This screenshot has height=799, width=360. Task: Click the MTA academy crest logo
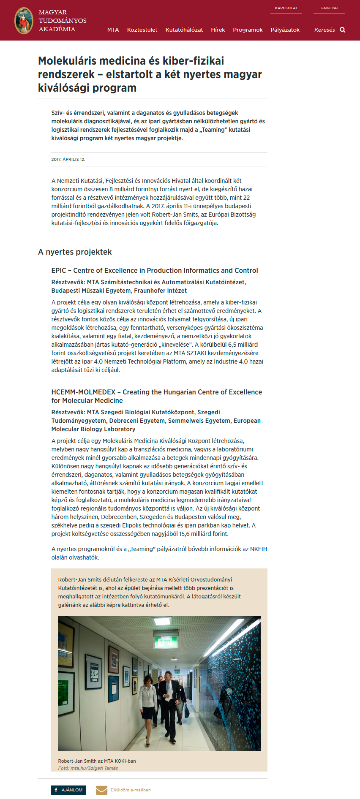[x=24, y=21]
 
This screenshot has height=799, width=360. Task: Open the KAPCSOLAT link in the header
[x=286, y=8]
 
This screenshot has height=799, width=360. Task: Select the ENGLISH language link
[x=329, y=8]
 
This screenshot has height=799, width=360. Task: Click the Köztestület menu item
[x=142, y=30]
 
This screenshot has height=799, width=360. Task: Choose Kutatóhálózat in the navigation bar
[x=184, y=30]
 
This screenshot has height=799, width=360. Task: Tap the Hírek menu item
[x=218, y=30]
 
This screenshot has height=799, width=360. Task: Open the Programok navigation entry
[x=248, y=30]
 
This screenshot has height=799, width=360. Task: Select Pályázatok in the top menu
[x=285, y=30]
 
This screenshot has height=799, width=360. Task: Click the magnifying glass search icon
[x=343, y=30]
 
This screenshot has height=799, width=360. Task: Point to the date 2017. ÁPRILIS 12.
[x=68, y=160]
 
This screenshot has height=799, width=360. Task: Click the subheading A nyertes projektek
[x=75, y=252]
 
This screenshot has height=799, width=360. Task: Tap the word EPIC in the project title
[x=59, y=271]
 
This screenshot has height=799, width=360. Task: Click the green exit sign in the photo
[x=162, y=643]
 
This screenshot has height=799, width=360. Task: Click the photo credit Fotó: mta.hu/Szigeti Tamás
[x=88, y=768]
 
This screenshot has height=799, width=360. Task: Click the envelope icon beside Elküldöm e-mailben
[x=101, y=790]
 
